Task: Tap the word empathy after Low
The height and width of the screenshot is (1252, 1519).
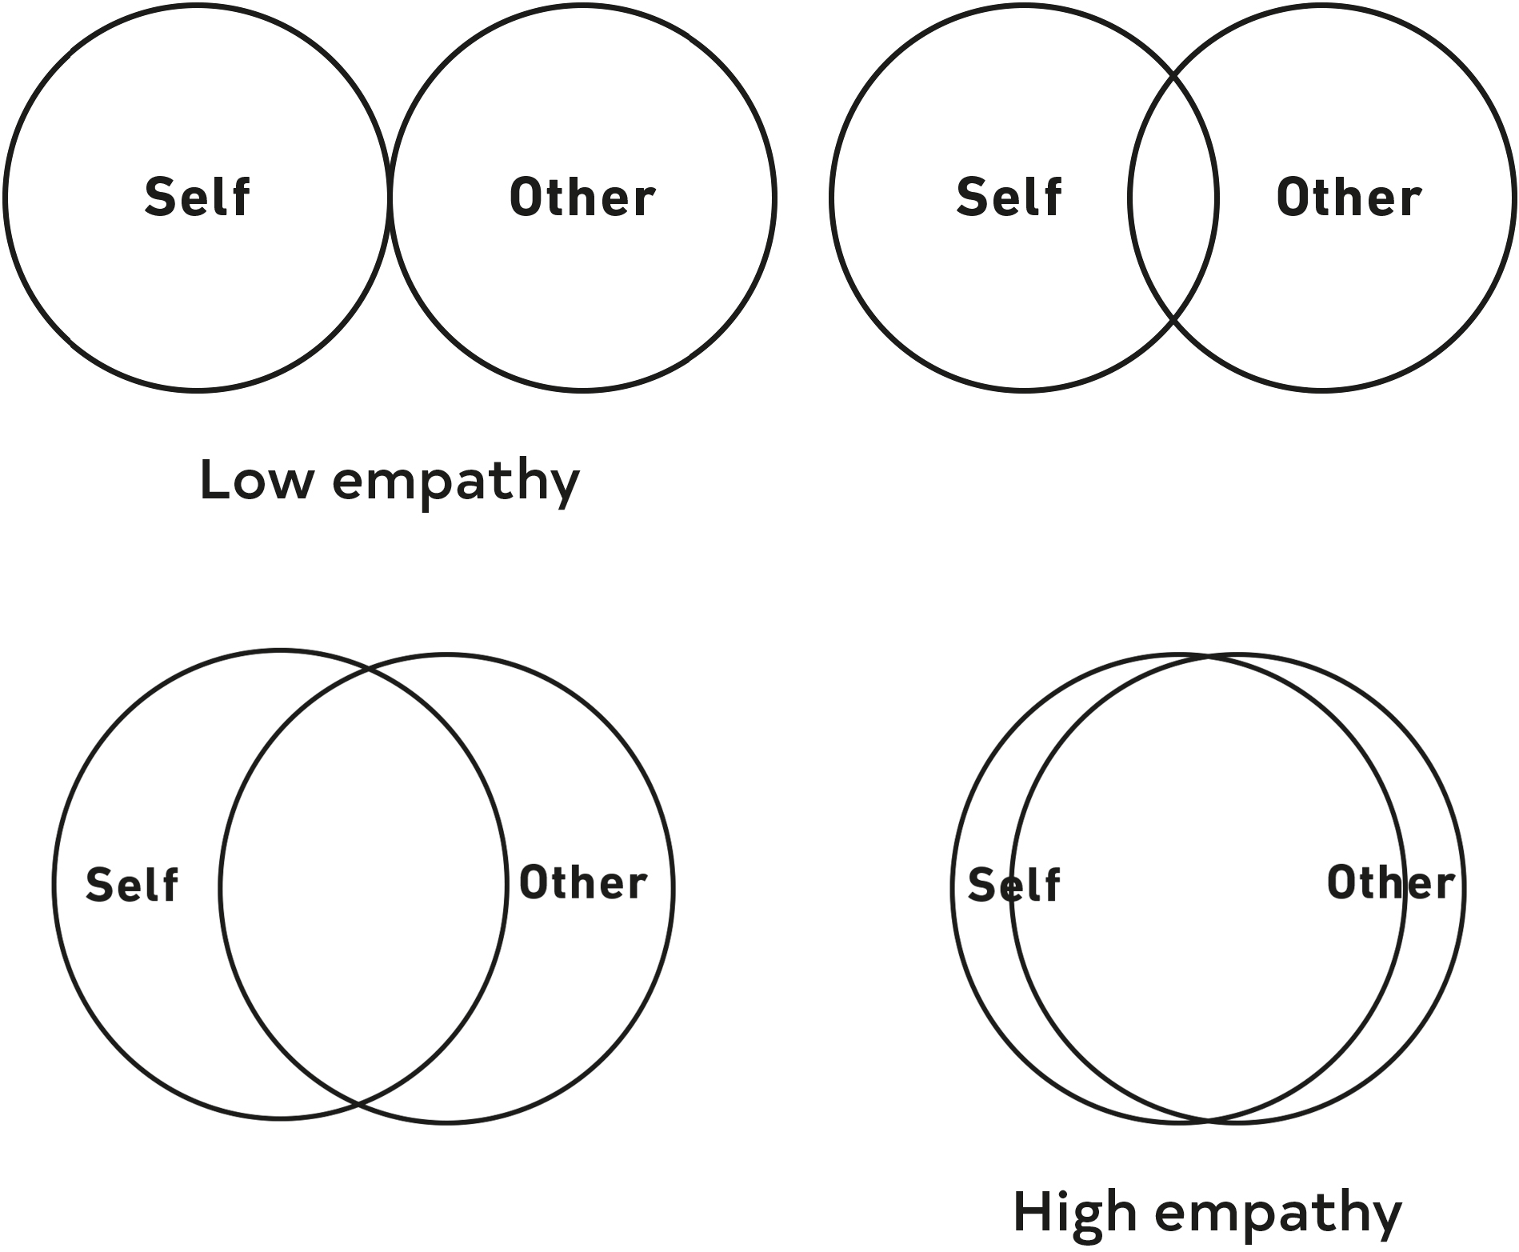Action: coord(456,483)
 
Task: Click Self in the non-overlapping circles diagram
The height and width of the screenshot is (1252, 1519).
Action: coord(198,197)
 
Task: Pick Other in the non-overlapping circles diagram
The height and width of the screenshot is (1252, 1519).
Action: coord(582,198)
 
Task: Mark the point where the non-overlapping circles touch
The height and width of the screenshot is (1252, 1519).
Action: coord(390,198)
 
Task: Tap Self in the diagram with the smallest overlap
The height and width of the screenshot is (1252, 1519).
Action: coord(1009,197)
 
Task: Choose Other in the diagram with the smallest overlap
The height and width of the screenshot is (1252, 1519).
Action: coord(1349,198)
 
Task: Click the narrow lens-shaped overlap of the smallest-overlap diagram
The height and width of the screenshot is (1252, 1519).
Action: coord(1173,198)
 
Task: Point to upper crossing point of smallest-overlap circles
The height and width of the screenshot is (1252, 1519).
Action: coord(1173,76)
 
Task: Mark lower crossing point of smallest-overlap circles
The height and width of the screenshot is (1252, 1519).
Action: coord(1173,319)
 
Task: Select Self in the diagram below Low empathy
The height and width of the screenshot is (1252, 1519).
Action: coord(132,885)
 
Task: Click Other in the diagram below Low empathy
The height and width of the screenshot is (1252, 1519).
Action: coord(583,883)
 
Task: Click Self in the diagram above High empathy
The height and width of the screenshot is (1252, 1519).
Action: coord(1013,885)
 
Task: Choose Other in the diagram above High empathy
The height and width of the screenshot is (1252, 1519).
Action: coord(1390,883)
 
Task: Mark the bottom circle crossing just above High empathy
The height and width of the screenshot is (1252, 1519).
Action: coord(1209,1118)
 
